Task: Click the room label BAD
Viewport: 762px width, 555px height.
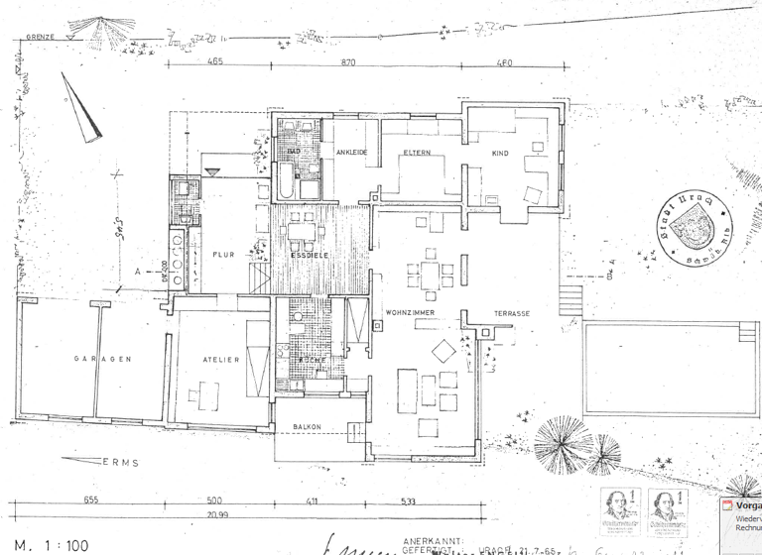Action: pyautogui.click(x=293, y=151)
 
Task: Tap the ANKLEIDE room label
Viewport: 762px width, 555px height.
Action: pyautogui.click(x=352, y=152)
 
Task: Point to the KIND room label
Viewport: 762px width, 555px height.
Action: pyautogui.click(x=500, y=154)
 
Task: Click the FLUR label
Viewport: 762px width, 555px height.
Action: pyautogui.click(x=222, y=254)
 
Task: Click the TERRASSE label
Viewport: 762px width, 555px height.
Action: pyautogui.click(x=512, y=313)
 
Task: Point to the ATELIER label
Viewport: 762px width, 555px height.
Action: pyautogui.click(x=220, y=360)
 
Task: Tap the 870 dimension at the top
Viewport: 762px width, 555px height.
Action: pyautogui.click(x=347, y=62)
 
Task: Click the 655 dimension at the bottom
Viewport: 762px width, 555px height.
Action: pyautogui.click(x=91, y=500)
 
